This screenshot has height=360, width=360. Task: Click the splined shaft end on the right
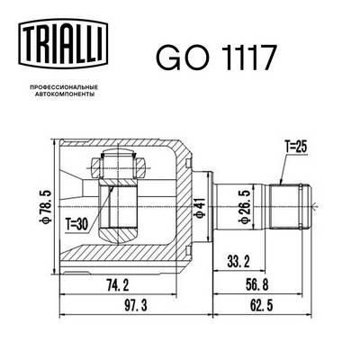coord(292,206)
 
